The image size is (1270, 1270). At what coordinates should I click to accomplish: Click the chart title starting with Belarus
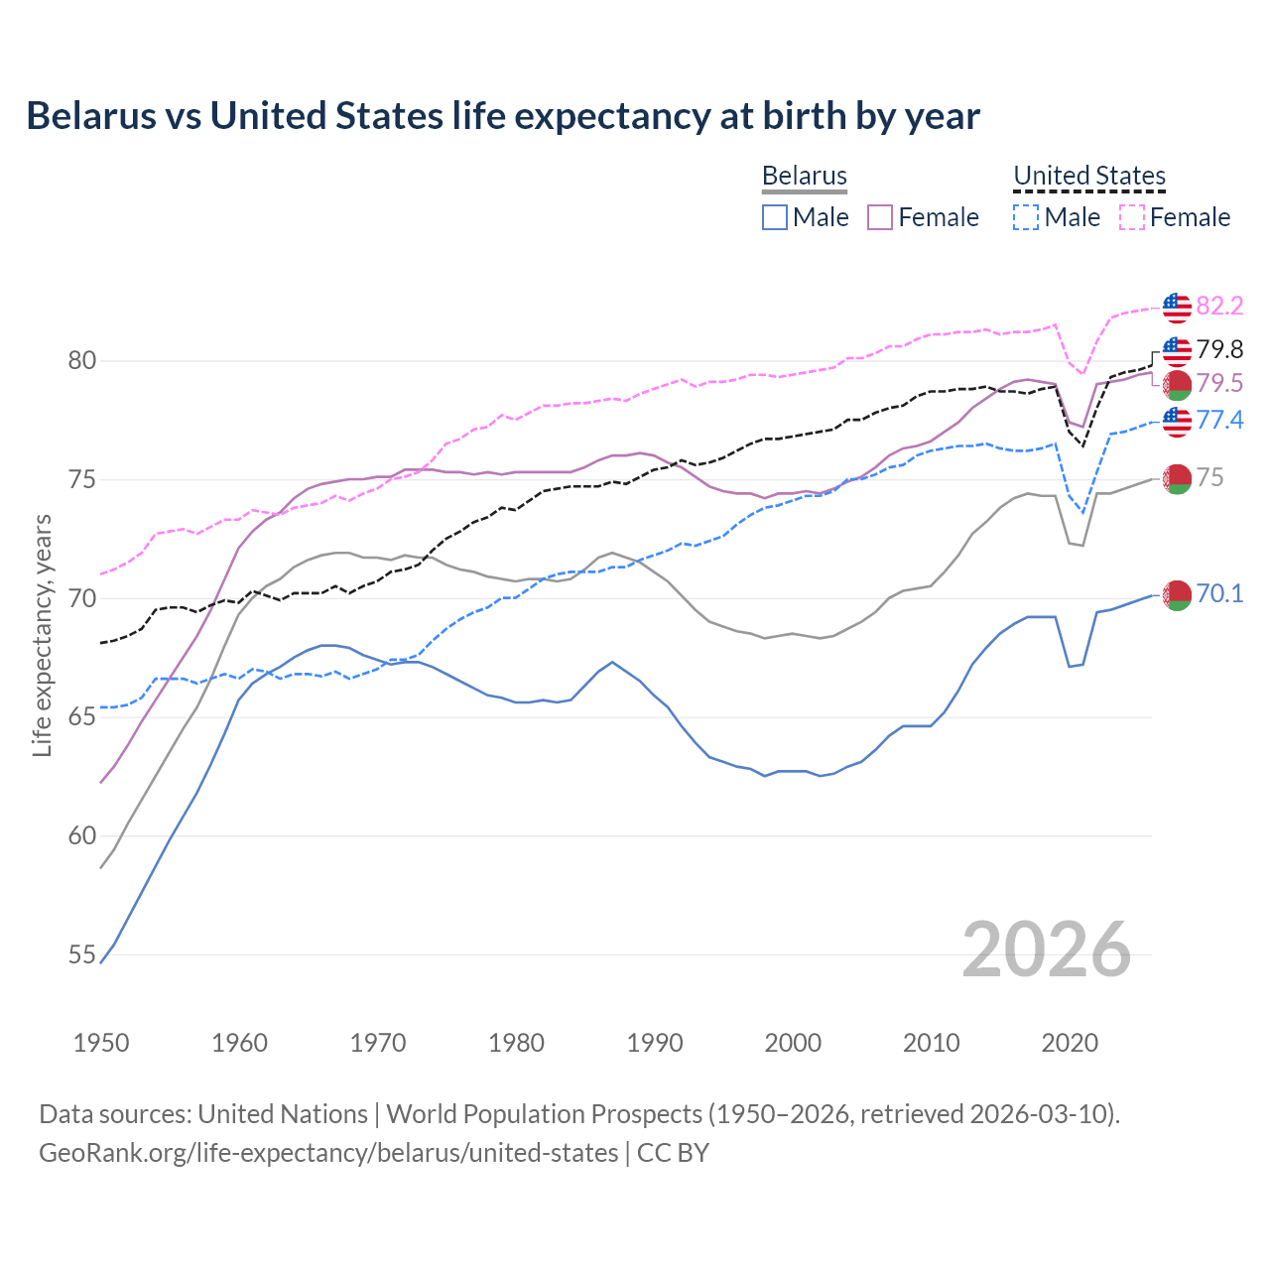[503, 116]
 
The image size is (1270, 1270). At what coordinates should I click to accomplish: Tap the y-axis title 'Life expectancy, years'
[42, 635]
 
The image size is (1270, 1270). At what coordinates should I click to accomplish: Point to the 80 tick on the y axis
[82, 361]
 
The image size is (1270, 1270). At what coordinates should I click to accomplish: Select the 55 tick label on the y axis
[82, 955]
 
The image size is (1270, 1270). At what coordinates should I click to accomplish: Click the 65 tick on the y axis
[82, 717]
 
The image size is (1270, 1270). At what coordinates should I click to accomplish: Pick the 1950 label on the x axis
[101, 1043]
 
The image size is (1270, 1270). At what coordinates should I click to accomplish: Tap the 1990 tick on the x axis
[655, 1043]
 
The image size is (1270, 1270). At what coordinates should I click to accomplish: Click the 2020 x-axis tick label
[1070, 1043]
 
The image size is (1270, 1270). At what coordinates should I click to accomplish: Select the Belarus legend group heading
[804, 176]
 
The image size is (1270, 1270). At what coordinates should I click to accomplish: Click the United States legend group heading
[1088, 176]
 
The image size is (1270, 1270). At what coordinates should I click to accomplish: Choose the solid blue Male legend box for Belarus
[775, 217]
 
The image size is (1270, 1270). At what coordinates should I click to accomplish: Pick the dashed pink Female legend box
[1131, 217]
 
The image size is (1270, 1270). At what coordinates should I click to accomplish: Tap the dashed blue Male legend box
[1026, 217]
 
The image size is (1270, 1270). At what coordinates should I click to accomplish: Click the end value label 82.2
[1219, 306]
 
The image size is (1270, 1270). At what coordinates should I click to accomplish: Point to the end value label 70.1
[1219, 593]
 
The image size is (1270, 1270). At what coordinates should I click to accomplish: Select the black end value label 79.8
[1219, 349]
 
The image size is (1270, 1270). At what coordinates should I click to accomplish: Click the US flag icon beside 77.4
[1177, 421]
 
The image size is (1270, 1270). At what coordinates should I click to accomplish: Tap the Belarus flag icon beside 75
[1177, 478]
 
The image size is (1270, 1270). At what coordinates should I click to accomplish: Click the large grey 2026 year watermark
[1047, 950]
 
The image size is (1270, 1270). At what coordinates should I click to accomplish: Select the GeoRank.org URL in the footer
[328, 1153]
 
